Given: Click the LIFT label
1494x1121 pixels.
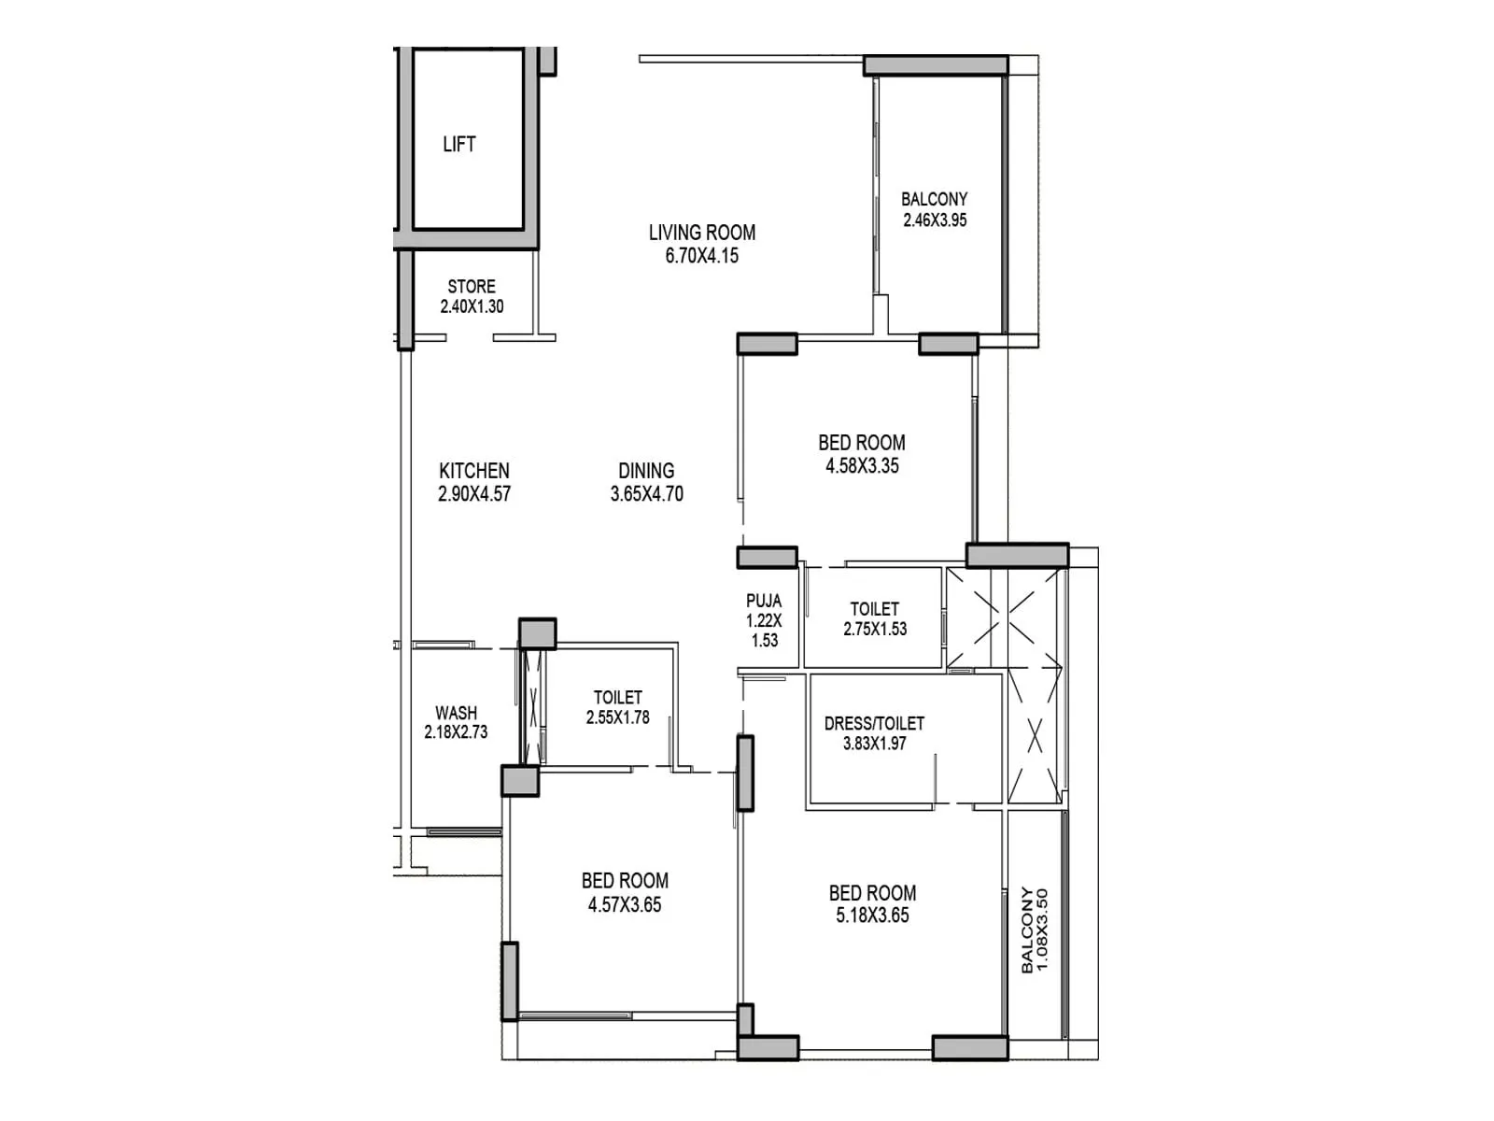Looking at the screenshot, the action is [x=458, y=144].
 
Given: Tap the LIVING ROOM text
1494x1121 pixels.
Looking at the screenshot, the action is [x=702, y=233].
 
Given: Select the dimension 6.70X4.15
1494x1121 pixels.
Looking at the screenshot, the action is [x=702, y=256].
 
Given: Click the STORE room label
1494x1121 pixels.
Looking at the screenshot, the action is [x=472, y=287].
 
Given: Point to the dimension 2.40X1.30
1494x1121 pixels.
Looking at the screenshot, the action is [x=472, y=306].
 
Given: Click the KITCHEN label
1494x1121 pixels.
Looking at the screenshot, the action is [x=473, y=470].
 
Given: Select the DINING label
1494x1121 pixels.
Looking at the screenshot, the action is [x=646, y=470].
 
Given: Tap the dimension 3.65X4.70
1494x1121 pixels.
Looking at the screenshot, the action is [x=646, y=493].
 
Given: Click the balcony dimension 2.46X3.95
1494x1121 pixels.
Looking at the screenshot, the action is [x=935, y=220].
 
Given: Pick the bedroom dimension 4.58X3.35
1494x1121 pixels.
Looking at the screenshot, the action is [x=862, y=465].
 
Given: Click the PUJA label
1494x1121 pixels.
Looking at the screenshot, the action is [x=764, y=601].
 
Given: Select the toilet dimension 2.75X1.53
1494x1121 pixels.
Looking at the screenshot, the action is [x=875, y=629].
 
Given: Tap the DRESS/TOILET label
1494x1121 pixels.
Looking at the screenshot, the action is [x=874, y=723].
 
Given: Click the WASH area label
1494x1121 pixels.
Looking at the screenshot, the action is [x=456, y=713].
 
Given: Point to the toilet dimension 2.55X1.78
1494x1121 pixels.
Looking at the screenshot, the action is [x=617, y=717].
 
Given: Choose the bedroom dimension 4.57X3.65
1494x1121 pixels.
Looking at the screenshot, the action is [x=624, y=904].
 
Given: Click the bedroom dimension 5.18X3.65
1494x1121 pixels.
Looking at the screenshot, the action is [x=872, y=915].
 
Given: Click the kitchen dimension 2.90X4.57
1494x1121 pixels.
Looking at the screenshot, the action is [x=473, y=493].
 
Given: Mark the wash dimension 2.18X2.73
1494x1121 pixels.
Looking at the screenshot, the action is [x=456, y=732].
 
